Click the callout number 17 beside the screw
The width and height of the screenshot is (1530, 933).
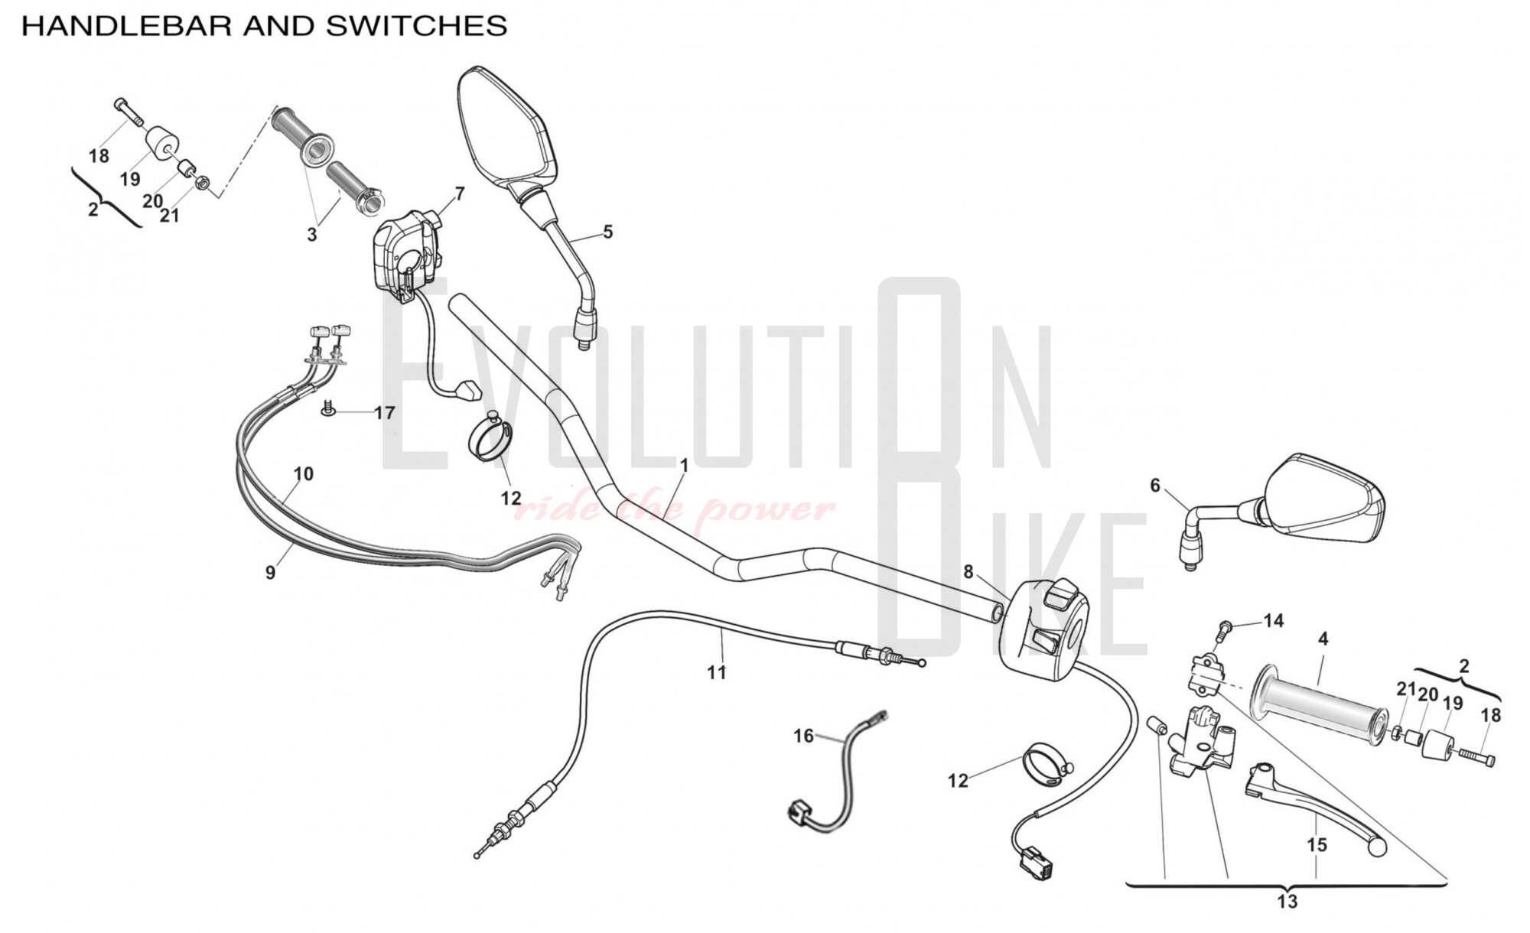[384, 413]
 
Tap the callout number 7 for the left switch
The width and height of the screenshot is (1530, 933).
[459, 193]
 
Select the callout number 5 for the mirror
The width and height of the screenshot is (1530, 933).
[607, 231]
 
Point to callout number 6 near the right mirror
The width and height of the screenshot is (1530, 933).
[1154, 486]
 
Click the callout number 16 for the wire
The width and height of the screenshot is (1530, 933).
[802, 736]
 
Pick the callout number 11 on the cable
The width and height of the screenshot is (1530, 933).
[716, 672]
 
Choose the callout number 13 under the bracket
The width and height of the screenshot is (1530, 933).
[1287, 902]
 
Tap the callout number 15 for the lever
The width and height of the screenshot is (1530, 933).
[1317, 845]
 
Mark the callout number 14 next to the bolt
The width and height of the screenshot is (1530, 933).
[1273, 621]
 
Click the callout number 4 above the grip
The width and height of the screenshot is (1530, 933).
[1323, 639]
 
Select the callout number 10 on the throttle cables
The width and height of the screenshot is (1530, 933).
[303, 474]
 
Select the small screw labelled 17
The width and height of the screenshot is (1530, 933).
[328, 409]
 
